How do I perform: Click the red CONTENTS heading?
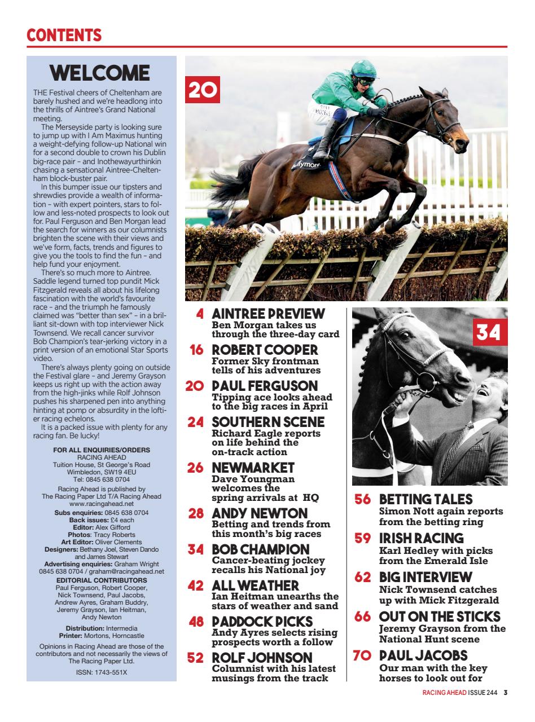64,36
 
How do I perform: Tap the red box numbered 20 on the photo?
203,91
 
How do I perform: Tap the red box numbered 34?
489,332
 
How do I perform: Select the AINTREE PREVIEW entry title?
268,314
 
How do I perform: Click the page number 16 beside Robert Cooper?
196,350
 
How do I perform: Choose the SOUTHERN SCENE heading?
268,422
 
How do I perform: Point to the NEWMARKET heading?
253,468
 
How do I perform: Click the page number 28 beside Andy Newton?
196,514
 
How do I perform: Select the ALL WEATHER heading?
255,586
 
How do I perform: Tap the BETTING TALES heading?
426,500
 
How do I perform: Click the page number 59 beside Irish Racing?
363,539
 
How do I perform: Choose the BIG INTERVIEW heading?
425,578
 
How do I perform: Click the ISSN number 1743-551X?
102,672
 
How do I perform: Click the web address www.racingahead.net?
102,503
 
